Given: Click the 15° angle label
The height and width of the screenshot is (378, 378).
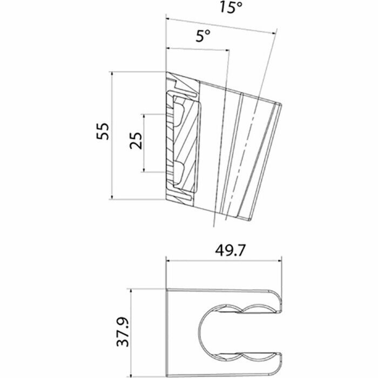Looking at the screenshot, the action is (x=231, y=7).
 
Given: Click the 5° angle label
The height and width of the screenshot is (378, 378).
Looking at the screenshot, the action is (x=202, y=36).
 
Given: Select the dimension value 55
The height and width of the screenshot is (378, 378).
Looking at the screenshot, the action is (x=103, y=131).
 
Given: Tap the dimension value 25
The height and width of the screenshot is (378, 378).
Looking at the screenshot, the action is (x=136, y=141).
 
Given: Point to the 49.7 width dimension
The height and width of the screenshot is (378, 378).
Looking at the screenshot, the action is (x=230, y=251).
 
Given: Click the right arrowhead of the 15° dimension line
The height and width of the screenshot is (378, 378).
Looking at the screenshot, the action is (x=274, y=33).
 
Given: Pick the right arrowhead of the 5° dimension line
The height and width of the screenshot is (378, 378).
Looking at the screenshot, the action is (x=227, y=50).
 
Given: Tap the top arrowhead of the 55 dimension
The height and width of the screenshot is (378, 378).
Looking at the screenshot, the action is (x=112, y=75).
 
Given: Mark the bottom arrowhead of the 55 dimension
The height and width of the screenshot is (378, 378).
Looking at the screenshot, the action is (x=112, y=197).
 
